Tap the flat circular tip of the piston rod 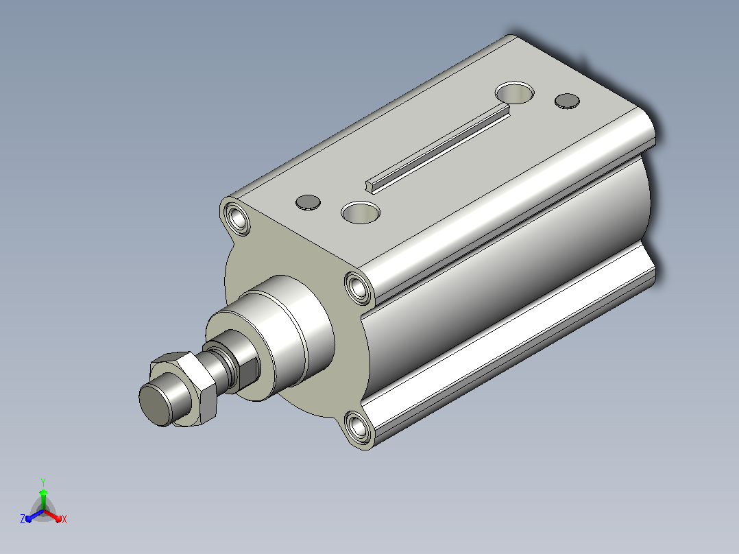154,405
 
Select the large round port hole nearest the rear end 515,93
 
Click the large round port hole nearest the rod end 361,212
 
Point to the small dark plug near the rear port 567,101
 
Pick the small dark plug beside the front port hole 308,203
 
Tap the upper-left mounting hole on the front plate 237,218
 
